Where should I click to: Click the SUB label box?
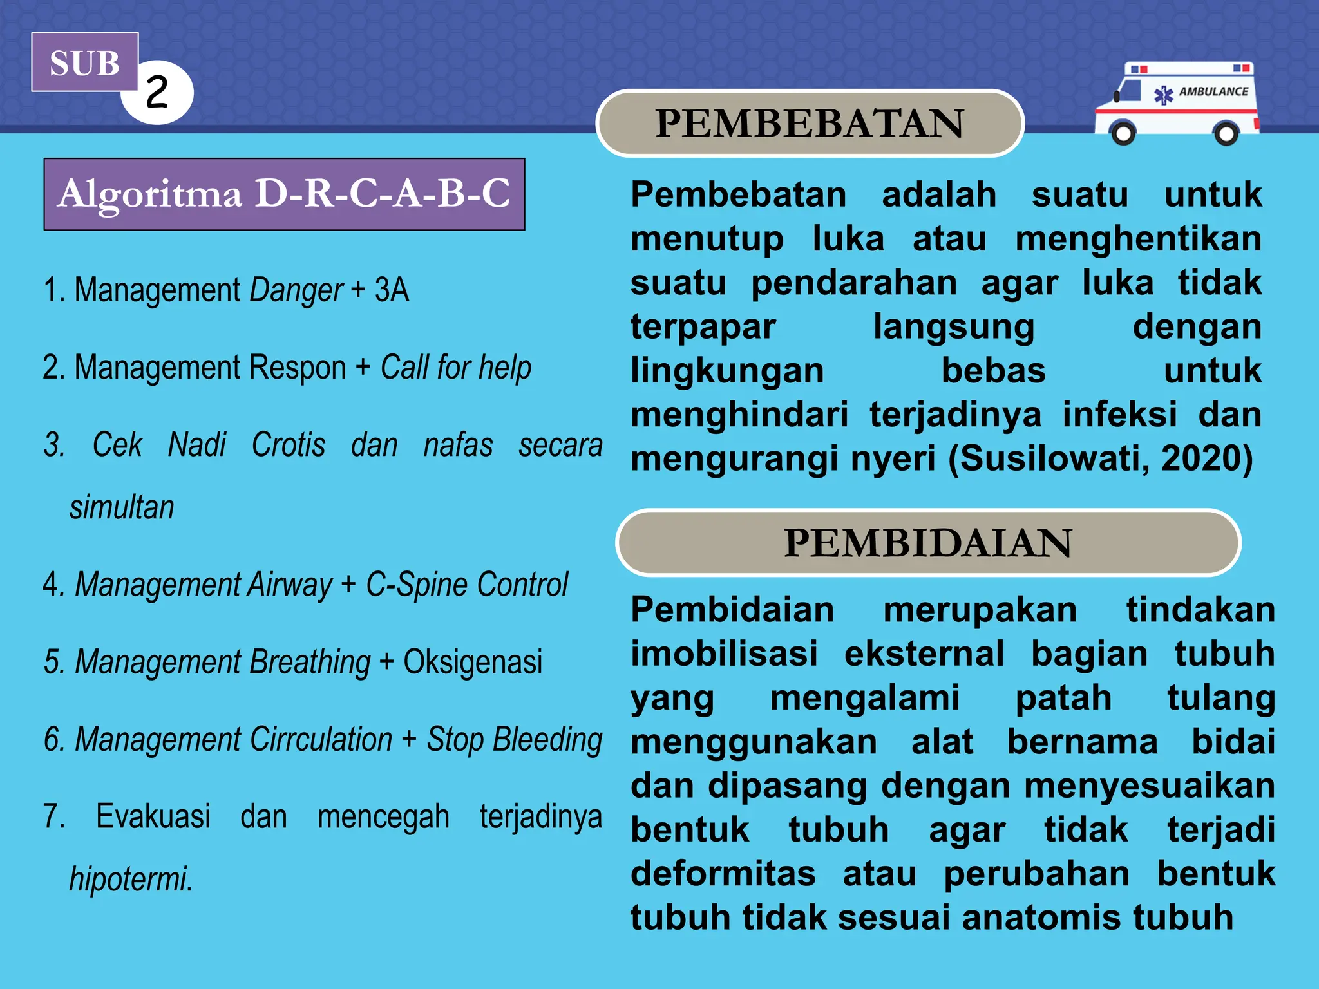(x=84, y=62)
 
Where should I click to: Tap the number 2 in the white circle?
(x=157, y=91)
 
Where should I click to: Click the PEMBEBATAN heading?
(x=810, y=123)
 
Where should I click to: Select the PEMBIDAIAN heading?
(x=927, y=543)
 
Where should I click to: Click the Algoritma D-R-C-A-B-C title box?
(x=284, y=194)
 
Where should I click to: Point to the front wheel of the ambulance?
(x=1123, y=133)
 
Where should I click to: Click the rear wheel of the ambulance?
(x=1225, y=133)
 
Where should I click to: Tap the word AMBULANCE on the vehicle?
(x=1213, y=91)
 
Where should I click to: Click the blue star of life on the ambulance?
(x=1163, y=95)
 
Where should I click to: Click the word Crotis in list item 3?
(x=288, y=444)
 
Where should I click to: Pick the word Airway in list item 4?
(x=289, y=585)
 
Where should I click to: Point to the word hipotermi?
(x=131, y=879)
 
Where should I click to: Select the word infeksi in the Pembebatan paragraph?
(x=1119, y=414)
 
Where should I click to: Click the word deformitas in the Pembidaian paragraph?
(x=723, y=874)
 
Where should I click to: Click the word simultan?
(x=122, y=507)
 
